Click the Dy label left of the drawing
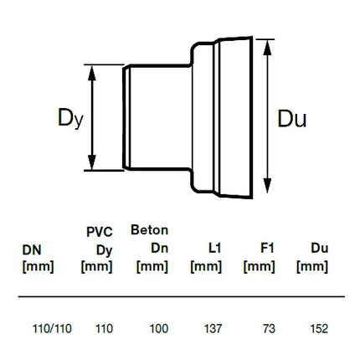pyautogui.click(x=70, y=119)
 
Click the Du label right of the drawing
pyautogui.click(x=292, y=119)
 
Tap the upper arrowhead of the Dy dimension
pyautogui.click(x=92, y=73)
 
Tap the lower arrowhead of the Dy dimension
pyautogui.click(x=92, y=162)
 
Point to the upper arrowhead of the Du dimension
pyautogui.click(x=267, y=48)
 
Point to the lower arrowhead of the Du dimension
pyautogui.click(x=267, y=185)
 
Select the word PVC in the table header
pyautogui.click(x=100, y=232)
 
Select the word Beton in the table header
pyautogui.click(x=150, y=230)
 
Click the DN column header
pyautogui.click(x=32, y=250)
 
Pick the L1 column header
pyautogui.click(x=214, y=248)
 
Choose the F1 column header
pyautogui.click(x=267, y=248)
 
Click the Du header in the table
pyautogui.click(x=320, y=248)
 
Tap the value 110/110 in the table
pyautogui.click(x=52, y=328)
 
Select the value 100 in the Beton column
pyautogui.click(x=159, y=328)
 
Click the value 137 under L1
pyautogui.click(x=213, y=328)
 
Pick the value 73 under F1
pyautogui.click(x=269, y=328)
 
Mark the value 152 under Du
pyautogui.click(x=319, y=328)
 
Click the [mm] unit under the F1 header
pyautogui.click(x=260, y=267)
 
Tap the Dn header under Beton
pyautogui.click(x=160, y=248)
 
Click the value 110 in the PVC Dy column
pyautogui.click(x=104, y=328)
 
